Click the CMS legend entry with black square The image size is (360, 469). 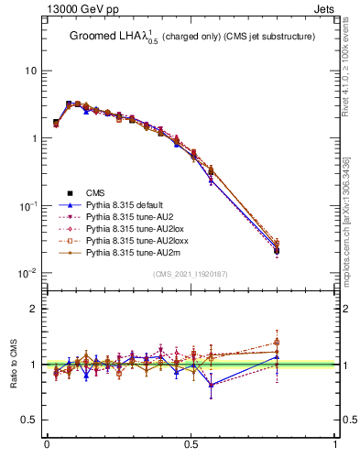[96, 192]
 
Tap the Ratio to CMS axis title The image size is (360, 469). [13, 362]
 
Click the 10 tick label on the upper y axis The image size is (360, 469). [30, 71]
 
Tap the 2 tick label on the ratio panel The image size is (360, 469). [34, 309]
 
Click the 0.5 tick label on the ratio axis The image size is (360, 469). [29, 420]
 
